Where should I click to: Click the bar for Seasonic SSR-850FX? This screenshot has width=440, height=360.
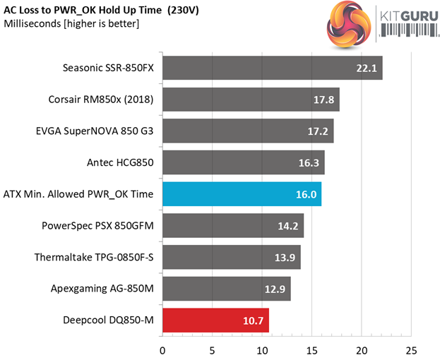pyautogui.click(x=272, y=68)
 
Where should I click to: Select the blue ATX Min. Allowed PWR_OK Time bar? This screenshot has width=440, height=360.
pyautogui.click(x=242, y=194)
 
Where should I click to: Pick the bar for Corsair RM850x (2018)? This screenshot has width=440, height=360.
pyautogui.click(x=251, y=100)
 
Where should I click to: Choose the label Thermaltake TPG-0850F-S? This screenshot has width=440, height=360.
pyautogui.click(x=94, y=257)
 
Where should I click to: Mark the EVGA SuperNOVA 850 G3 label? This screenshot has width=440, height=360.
pyautogui.click(x=95, y=131)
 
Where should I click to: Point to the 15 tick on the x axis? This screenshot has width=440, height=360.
pyautogui.click(x=312, y=350)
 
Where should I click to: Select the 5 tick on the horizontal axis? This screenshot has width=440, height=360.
pyautogui.click(x=213, y=350)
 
